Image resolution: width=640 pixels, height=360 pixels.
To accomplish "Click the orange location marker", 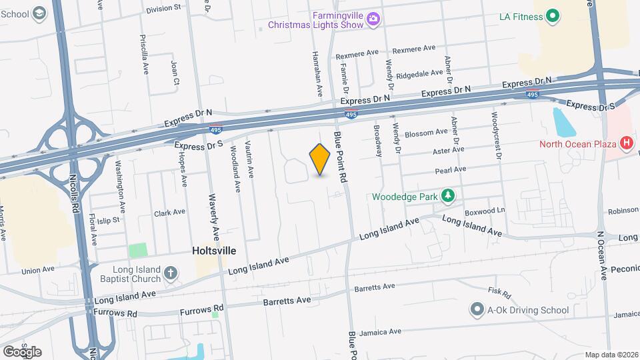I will pos(320,159).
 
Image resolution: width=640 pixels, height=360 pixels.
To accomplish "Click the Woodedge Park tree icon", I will pos(449,195).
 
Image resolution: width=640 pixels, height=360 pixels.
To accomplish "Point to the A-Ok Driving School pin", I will pos(477,309).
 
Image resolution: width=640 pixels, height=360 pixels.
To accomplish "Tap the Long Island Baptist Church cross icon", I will pos(171,273).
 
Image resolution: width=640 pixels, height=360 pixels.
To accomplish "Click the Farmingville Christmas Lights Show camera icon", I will pos(373,20).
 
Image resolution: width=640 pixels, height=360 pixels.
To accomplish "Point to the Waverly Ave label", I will pos(215,223).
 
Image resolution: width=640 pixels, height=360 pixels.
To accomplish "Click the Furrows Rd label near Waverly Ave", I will pos(203,311).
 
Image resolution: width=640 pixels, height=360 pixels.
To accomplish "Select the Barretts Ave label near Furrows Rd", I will pos(287,301).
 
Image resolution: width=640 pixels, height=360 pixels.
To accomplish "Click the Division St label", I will pos(163,9).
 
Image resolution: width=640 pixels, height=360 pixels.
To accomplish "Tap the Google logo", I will pos(22,351).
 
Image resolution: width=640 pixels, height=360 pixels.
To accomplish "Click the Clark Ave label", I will pos(169,213).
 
